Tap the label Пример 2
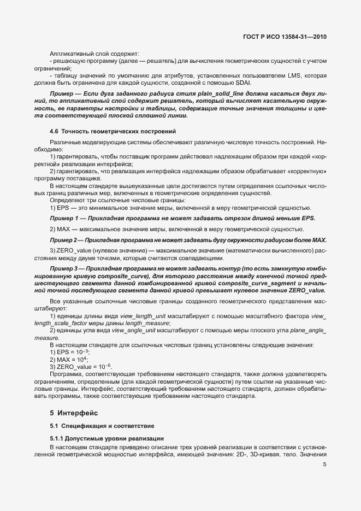pyautogui.click(x=63, y=240)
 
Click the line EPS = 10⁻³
pyautogui.click(x=69, y=353)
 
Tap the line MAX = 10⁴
pyautogui.click(x=69, y=360)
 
